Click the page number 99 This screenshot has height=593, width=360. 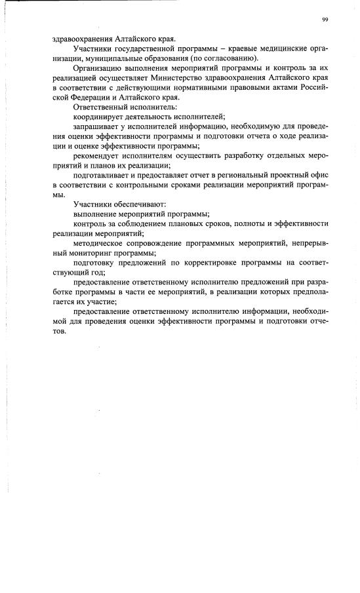pos(325,20)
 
